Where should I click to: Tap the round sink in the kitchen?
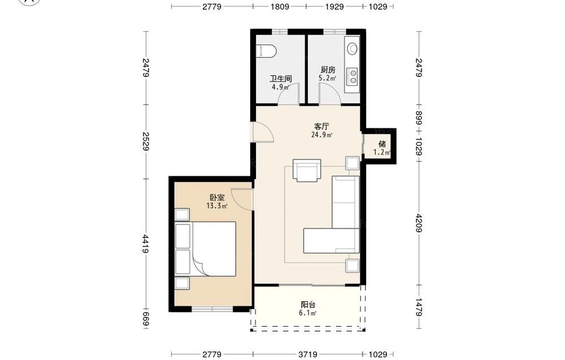(352, 48)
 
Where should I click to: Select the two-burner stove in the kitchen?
(353, 76)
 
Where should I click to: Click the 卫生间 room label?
(281, 79)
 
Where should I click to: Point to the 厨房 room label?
(328, 70)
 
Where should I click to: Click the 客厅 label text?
(321, 127)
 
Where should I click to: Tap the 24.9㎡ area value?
(321, 135)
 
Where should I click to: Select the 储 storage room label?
(382, 144)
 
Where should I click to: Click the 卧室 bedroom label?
(217, 197)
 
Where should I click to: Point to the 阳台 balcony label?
(308, 305)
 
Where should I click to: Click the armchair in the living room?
(307, 170)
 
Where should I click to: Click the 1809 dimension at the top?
(280, 6)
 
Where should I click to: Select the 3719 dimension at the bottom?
(308, 354)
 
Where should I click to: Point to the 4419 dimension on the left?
(146, 244)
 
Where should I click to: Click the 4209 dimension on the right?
(419, 223)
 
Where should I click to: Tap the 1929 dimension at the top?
(334, 6)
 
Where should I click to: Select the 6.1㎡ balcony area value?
(308, 313)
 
